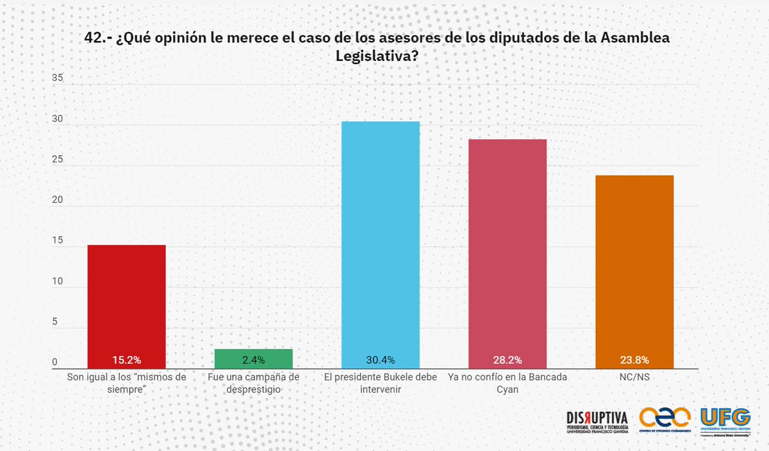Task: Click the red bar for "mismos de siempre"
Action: click(x=126, y=302)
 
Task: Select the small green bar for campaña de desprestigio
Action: click(x=253, y=355)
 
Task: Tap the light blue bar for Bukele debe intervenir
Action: click(x=381, y=237)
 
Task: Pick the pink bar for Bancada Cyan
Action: click(x=508, y=247)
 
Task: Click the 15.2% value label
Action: click(x=126, y=360)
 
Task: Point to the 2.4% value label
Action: click(x=253, y=360)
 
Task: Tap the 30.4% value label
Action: click(x=381, y=360)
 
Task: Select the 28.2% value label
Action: click(x=508, y=360)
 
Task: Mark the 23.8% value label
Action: click(x=634, y=360)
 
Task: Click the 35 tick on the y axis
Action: click(x=58, y=78)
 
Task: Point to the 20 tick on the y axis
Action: click(x=58, y=200)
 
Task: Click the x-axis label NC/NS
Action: click(x=634, y=377)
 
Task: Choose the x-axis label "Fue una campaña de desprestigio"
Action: click(x=253, y=383)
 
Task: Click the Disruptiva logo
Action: click(x=597, y=422)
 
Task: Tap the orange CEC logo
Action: click(x=665, y=421)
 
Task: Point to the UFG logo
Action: click(x=725, y=421)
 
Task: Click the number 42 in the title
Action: click(x=93, y=38)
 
